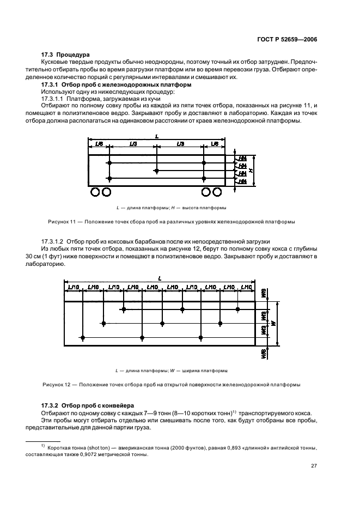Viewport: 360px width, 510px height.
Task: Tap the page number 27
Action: click(314, 465)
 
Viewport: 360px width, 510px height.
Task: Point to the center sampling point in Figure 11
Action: click(156, 171)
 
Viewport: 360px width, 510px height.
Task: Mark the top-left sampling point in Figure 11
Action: click(109, 163)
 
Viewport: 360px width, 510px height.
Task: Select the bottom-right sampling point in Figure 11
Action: click(204, 179)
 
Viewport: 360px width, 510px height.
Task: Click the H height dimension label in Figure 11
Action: click(251, 171)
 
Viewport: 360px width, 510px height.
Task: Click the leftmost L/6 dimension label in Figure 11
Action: click(99, 144)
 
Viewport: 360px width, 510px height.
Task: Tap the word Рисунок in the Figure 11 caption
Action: click(51, 222)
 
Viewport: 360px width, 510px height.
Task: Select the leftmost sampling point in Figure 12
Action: click(82, 338)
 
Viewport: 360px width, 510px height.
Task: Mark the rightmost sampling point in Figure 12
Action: click(238, 309)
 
